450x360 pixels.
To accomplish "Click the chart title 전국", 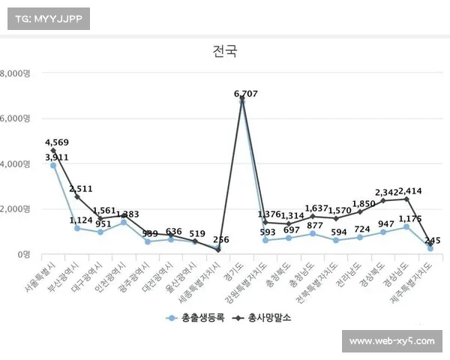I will click(x=225, y=52).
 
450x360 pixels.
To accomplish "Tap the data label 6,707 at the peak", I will click(x=246, y=94).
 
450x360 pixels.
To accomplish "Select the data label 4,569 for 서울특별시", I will click(x=57, y=142).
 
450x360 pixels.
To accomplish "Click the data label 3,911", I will click(x=57, y=157).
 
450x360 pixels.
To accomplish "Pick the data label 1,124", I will click(x=81, y=220).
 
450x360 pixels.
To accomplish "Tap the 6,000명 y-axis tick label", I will click(x=14, y=118).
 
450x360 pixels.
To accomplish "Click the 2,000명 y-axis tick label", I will click(x=14, y=209).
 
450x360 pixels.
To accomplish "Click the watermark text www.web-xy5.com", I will click(x=392, y=341).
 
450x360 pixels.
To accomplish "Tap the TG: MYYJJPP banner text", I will click(x=48, y=18).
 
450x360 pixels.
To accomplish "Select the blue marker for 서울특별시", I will click(x=53, y=165).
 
